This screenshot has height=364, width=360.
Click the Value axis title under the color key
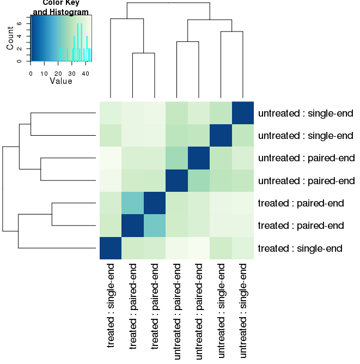(x=60, y=81)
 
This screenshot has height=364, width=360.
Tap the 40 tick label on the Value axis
(x=86, y=71)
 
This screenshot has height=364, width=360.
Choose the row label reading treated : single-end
(x=300, y=248)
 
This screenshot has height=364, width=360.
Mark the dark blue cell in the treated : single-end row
(x=111, y=248)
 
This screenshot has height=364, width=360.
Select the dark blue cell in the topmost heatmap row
(x=243, y=113)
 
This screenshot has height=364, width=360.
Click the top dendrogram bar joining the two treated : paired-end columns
(x=144, y=53)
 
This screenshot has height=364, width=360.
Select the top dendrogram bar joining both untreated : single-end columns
(x=231, y=32)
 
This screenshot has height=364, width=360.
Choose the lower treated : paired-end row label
(x=301, y=225)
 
